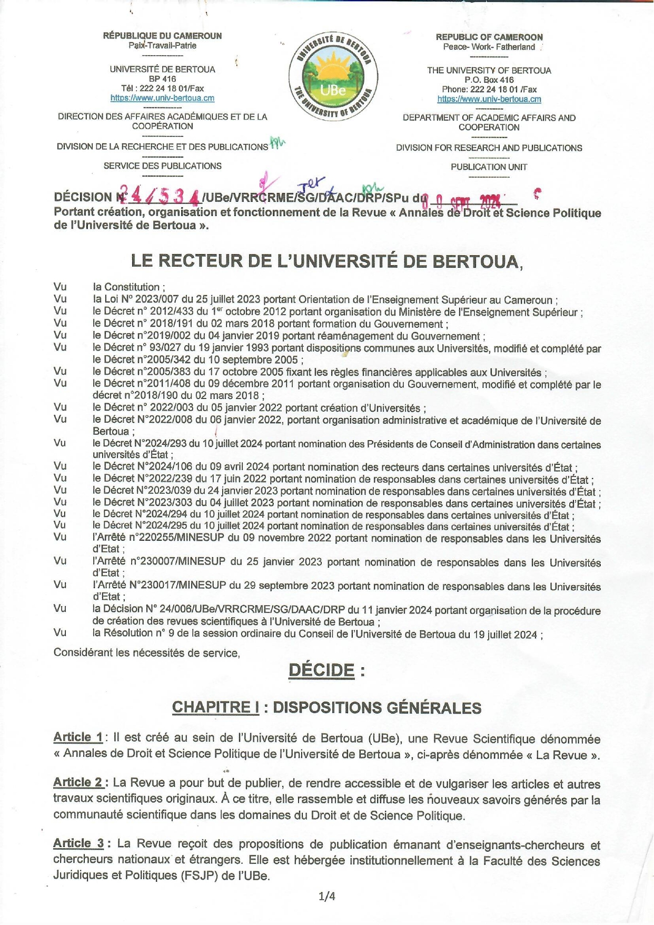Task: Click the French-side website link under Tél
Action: coord(162,98)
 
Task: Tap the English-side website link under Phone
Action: coord(489,99)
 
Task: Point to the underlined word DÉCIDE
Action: coord(321,670)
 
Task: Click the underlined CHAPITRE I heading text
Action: coord(215,707)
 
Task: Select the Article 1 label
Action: coord(78,737)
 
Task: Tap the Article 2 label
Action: coord(78,782)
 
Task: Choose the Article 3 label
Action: coord(79,843)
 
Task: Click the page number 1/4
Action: coord(326,896)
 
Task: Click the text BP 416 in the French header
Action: coord(162,79)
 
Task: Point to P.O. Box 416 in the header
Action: coord(489,80)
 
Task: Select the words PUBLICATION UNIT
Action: coord(489,167)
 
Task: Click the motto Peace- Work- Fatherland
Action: coord(489,47)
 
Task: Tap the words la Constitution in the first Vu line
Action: coord(128,287)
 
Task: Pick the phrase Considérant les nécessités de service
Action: coord(146,653)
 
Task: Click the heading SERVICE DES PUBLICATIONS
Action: coord(162,166)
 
